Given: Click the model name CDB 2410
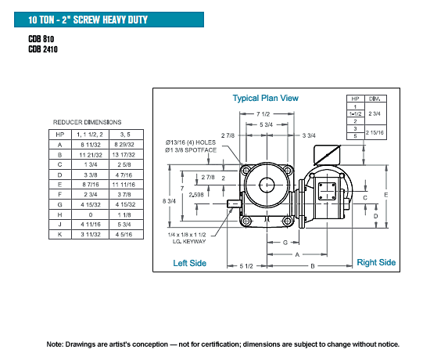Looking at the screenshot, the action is pyautogui.click(x=43, y=49).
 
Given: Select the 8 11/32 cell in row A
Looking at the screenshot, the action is pyautogui.click(x=91, y=145).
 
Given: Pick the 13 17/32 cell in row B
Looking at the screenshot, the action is pyautogui.click(x=124, y=155).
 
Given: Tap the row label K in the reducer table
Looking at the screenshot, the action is pyautogui.click(x=59, y=235).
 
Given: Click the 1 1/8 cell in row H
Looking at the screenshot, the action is pyautogui.click(x=124, y=214).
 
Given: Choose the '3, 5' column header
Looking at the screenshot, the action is pyautogui.click(x=125, y=135).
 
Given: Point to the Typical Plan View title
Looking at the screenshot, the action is pyautogui.click(x=265, y=98).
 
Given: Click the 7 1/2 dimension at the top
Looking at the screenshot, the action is pyautogui.click(x=263, y=114).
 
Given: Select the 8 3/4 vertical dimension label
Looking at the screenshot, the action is pyautogui.click(x=169, y=201).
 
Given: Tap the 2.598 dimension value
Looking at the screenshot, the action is pyautogui.click(x=196, y=195).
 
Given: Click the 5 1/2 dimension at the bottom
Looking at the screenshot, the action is pyautogui.click(x=246, y=266).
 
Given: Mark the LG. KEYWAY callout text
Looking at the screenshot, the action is pyautogui.click(x=189, y=242).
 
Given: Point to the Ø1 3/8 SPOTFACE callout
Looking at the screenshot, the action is pyautogui.click(x=191, y=150).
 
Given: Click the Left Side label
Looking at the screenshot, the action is pyautogui.click(x=190, y=263).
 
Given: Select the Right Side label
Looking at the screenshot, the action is pyautogui.click(x=376, y=262).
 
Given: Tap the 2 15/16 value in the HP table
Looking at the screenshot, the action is pyautogui.click(x=375, y=132).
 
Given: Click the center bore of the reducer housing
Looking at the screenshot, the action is pyautogui.click(x=267, y=185).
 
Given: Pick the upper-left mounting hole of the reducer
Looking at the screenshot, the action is pyautogui.click(x=246, y=171).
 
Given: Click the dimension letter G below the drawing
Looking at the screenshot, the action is pyautogui.click(x=285, y=243).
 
